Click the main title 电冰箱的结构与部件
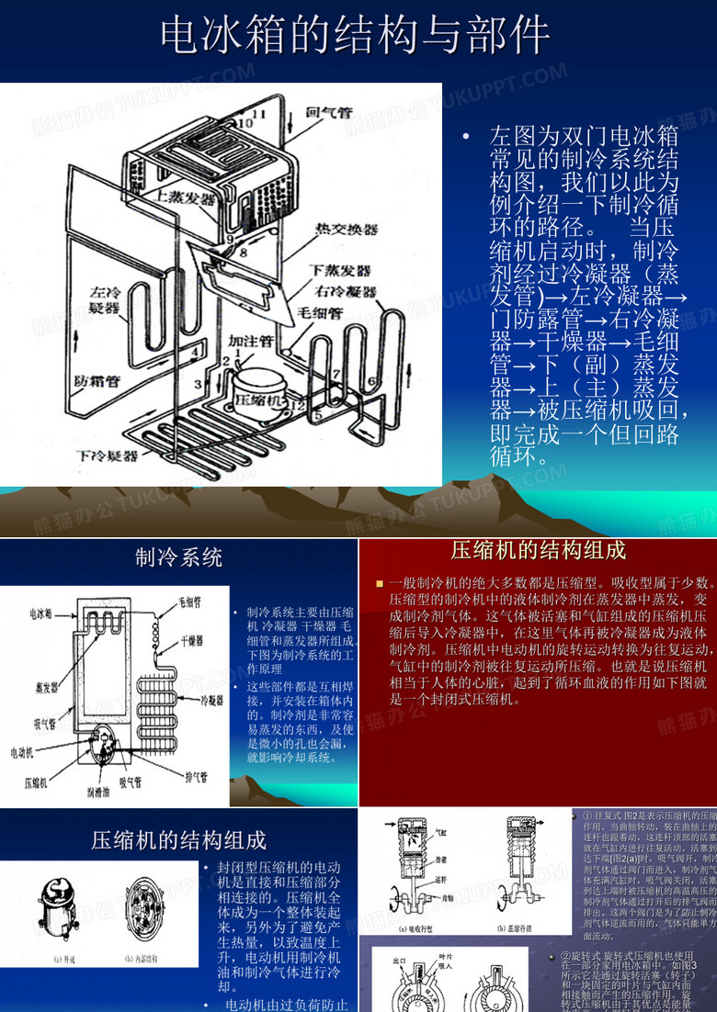tap(356, 36)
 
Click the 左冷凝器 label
tap(104, 300)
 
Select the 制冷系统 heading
tap(178, 557)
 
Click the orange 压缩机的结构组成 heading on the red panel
tap(538, 551)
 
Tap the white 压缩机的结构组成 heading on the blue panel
tap(178, 839)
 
